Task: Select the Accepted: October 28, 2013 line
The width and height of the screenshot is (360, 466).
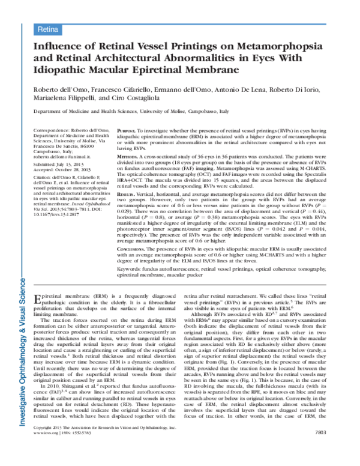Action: [x=57, y=169]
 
